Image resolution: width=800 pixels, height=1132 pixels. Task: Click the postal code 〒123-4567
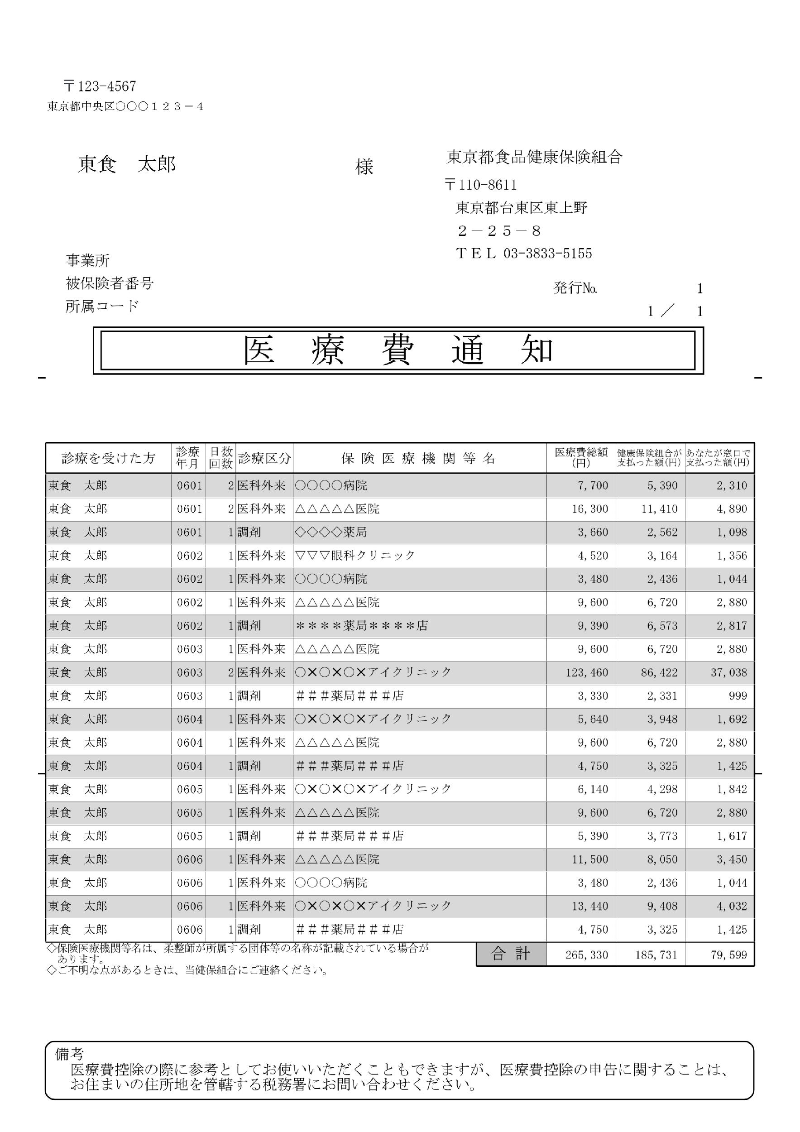coord(100,87)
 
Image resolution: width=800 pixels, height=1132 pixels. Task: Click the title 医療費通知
coord(398,350)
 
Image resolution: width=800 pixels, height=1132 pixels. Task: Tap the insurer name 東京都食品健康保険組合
coord(534,157)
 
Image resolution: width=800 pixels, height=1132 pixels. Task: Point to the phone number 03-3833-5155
coord(548,254)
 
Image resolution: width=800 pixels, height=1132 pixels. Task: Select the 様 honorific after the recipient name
coord(364,167)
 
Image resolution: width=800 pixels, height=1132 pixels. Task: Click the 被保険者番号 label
coord(110,283)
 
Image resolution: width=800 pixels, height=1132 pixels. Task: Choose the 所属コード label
coord(102,306)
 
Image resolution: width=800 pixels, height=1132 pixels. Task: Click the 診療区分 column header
coord(264,459)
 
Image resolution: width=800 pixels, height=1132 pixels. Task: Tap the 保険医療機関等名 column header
coord(418,459)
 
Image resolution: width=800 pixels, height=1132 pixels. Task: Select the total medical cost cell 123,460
coord(587,672)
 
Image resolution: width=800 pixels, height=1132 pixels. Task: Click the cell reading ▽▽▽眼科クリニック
coord(355,556)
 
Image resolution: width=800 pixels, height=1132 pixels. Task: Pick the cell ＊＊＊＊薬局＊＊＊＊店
coord(361,626)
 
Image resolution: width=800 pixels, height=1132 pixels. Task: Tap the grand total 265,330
coord(587,955)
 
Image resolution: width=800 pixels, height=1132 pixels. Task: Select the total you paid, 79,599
coord(729,955)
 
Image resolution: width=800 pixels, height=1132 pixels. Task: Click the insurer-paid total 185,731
coord(656,955)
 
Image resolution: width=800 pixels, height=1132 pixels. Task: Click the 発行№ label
coord(575,288)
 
